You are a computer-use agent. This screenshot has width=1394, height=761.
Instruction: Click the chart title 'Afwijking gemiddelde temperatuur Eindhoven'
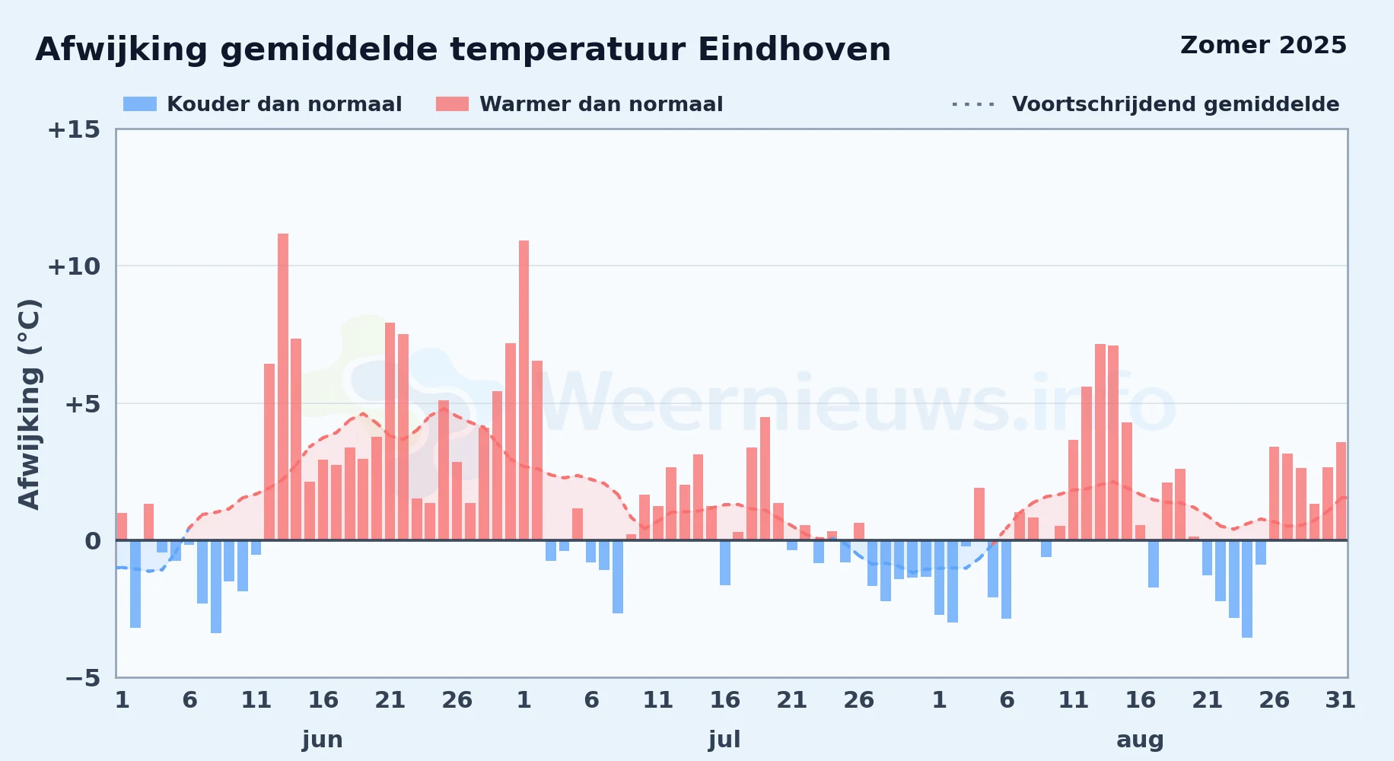pyautogui.click(x=463, y=50)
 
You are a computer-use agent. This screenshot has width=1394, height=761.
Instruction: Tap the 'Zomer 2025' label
pyautogui.click(x=1263, y=46)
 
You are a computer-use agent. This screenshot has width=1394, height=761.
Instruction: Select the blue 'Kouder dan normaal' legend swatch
pyautogui.click(x=140, y=104)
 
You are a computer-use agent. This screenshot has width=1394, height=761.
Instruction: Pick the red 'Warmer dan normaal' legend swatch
pyautogui.click(x=452, y=104)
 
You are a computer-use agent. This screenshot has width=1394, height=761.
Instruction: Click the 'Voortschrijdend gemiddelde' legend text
pyautogui.click(x=1176, y=104)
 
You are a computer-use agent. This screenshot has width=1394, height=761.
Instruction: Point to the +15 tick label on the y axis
pyautogui.click(x=74, y=130)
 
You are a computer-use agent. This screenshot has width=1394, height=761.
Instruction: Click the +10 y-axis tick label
pyautogui.click(x=74, y=267)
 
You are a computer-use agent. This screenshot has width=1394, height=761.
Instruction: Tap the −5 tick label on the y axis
pyautogui.click(x=83, y=678)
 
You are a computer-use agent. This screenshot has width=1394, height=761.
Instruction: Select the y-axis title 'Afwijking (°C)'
pyautogui.click(x=29, y=404)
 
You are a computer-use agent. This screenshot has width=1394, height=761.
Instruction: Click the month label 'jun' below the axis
pyautogui.click(x=323, y=740)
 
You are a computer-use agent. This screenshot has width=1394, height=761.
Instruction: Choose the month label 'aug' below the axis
pyautogui.click(x=1140, y=740)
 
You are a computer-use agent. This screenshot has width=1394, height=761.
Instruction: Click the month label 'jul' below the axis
pyautogui.click(x=724, y=740)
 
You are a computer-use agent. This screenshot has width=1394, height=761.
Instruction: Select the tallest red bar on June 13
pyautogui.click(x=283, y=387)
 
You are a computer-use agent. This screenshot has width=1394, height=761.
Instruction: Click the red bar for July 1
pyautogui.click(x=524, y=390)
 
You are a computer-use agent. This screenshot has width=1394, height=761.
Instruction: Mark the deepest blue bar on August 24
pyautogui.click(x=1247, y=589)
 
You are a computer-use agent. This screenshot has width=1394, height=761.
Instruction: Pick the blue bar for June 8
pyautogui.click(x=216, y=587)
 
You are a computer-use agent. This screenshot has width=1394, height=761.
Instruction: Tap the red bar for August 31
pyautogui.click(x=1341, y=492)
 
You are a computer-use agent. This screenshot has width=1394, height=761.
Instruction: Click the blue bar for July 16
pyautogui.click(x=725, y=563)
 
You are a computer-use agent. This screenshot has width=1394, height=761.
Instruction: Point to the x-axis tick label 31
pyautogui.click(x=1341, y=700)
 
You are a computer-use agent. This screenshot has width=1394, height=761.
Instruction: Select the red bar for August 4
pyautogui.click(x=979, y=514)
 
